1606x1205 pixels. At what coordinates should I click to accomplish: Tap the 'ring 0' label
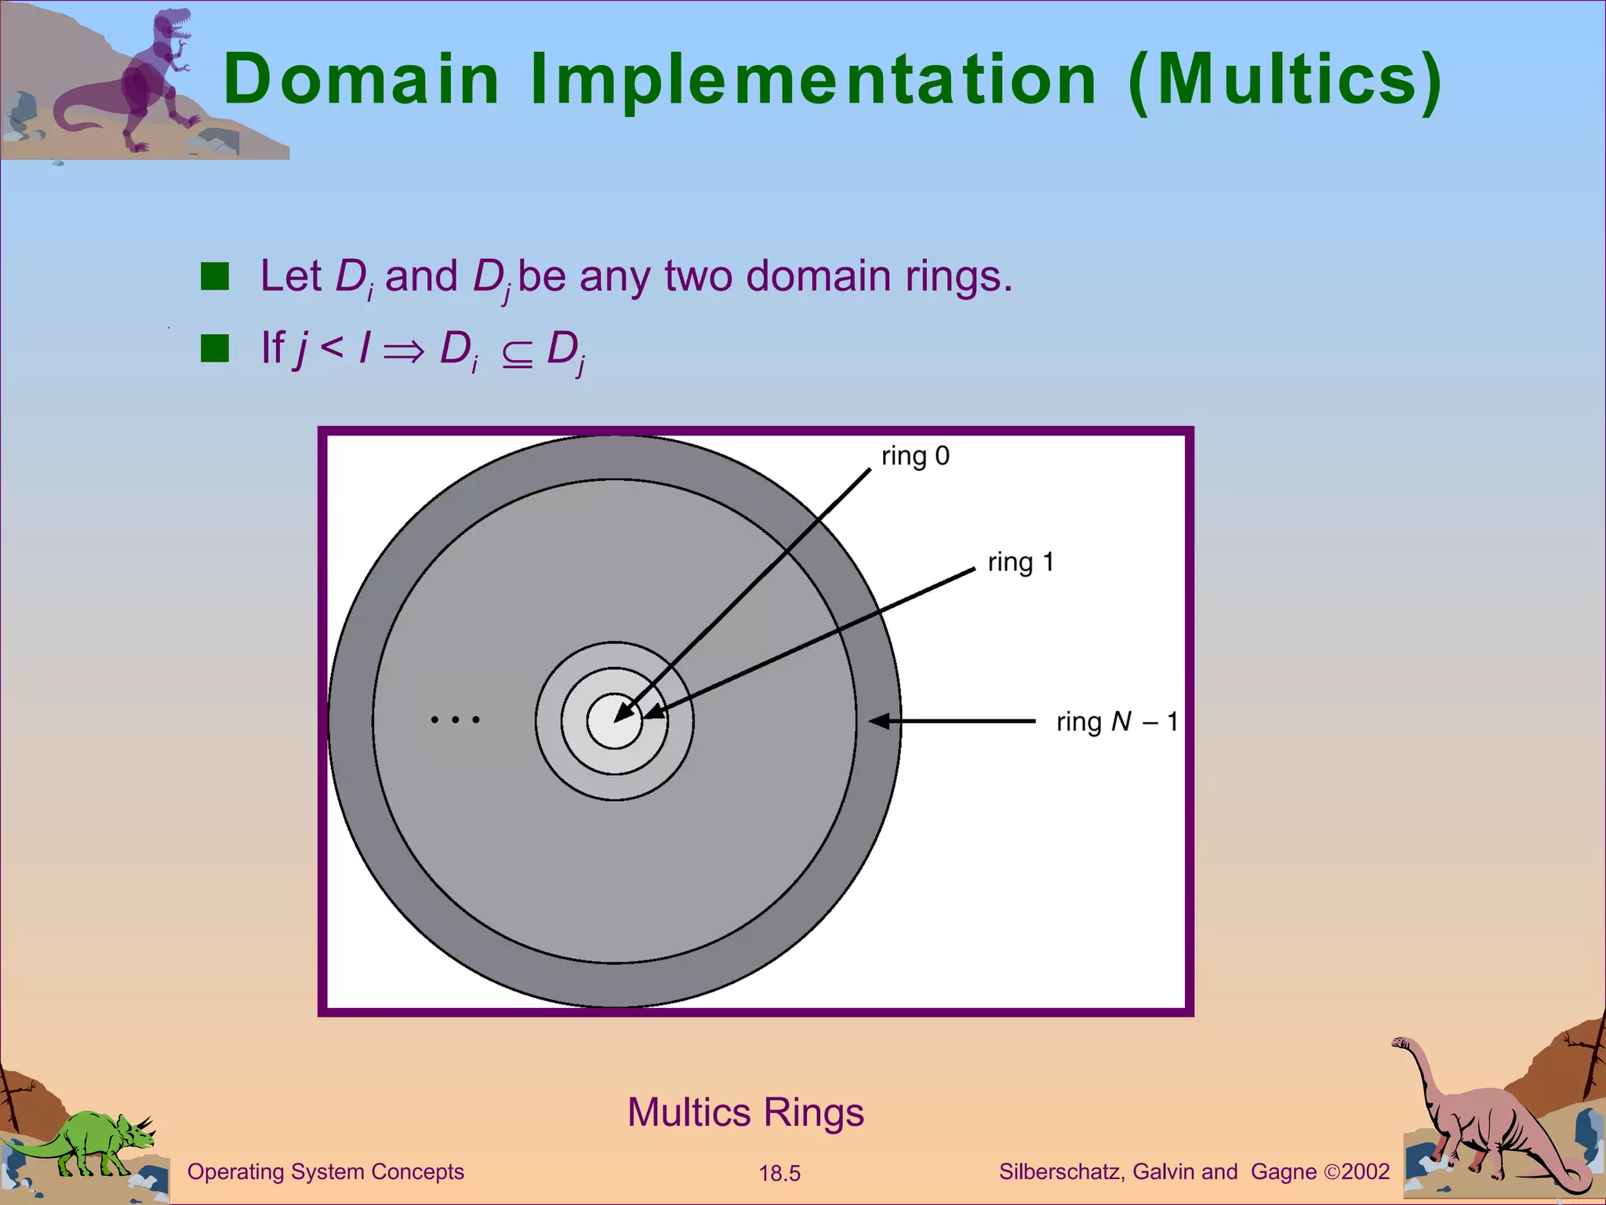point(915,456)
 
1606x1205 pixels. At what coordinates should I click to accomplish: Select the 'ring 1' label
point(1020,562)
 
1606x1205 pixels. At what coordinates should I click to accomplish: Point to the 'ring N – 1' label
point(1116,722)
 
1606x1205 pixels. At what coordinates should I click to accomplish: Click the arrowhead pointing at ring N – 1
point(880,720)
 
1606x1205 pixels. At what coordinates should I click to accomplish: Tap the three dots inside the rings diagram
point(455,719)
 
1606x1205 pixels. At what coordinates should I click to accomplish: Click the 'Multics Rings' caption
point(745,1112)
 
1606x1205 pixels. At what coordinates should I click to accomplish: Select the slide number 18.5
point(779,1174)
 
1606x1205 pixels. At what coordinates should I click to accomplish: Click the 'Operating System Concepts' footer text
point(325,1172)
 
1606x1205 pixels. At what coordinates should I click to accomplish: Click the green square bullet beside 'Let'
point(214,276)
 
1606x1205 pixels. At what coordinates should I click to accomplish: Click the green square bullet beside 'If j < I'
point(214,348)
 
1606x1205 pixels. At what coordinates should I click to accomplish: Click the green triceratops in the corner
point(94,1142)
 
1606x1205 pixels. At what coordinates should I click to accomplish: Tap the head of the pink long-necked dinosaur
point(1401,1043)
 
